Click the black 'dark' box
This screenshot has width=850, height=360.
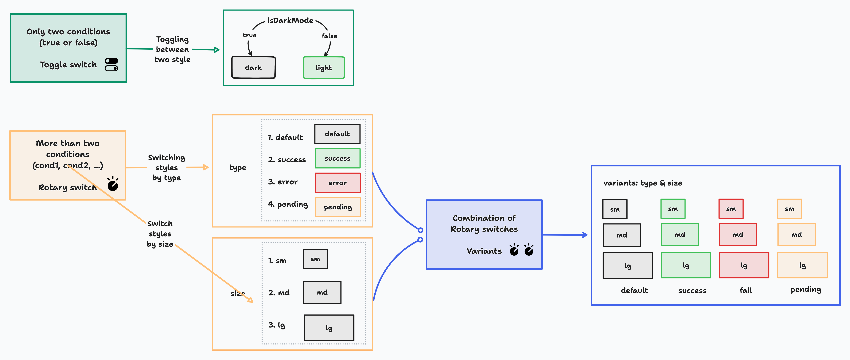[253, 68]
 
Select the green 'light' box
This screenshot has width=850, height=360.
[324, 68]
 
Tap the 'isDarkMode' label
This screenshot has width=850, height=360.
[290, 20]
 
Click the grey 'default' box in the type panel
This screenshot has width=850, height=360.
[337, 134]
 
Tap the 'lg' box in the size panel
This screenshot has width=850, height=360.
[329, 328]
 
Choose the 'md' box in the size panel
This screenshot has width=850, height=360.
[322, 292]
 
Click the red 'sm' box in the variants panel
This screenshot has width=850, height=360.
[731, 209]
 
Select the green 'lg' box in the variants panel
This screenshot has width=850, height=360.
[686, 265]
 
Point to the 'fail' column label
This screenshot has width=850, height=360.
[746, 290]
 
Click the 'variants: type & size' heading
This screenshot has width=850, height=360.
[642, 183]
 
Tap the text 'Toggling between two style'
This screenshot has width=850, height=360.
[172, 49]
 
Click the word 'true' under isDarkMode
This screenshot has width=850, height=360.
[249, 35]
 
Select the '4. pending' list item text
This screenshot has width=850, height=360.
[288, 204]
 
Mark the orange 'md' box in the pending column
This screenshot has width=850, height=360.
[796, 235]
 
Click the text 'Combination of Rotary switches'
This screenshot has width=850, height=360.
[484, 223]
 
